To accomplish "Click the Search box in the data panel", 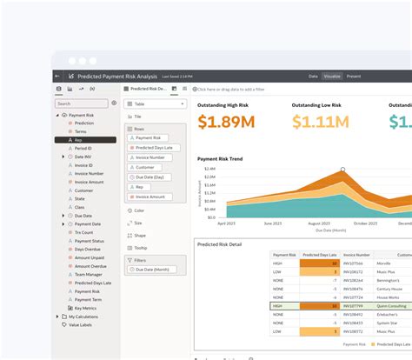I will point(85,103).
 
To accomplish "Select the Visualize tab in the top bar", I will point(332,77).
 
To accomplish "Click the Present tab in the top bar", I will point(355,77).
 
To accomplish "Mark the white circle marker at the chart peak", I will point(342,170).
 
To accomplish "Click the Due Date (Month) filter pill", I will point(156,270).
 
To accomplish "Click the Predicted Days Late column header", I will point(319,256).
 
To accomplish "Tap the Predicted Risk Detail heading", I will point(221,244).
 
